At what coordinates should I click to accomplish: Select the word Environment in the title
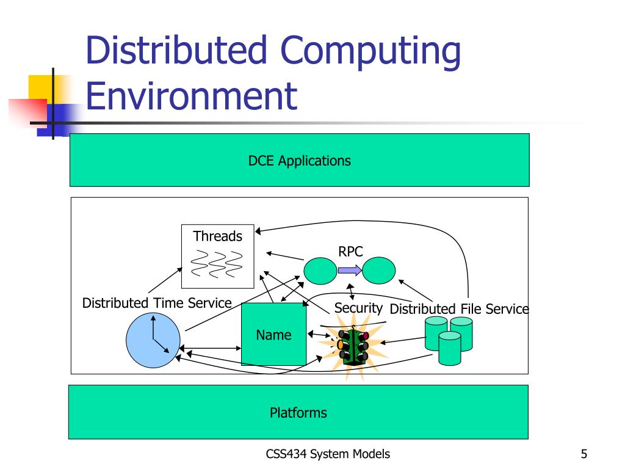point(191,96)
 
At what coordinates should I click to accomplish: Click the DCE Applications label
point(299,161)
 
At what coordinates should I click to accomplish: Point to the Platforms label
point(298,413)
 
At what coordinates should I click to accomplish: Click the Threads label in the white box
point(217,236)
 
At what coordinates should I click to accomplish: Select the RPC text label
point(350,252)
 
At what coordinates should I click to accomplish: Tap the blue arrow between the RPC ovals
point(350,269)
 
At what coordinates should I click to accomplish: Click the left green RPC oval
point(320,269)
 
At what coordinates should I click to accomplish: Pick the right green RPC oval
point(379,270)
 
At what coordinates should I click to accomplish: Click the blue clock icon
point(153,341)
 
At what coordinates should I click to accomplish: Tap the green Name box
point(273,334)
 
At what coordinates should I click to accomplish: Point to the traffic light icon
point(353,347)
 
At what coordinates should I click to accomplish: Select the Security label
point(358,308)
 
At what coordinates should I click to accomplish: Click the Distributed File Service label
point(459,309)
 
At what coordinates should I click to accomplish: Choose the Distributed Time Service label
point(157,303)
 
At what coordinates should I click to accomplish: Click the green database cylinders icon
point(449,339)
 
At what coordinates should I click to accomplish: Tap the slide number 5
point(584,454)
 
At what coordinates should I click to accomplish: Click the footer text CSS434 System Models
point(328,454)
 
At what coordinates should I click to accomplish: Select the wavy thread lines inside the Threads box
point(217,264)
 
